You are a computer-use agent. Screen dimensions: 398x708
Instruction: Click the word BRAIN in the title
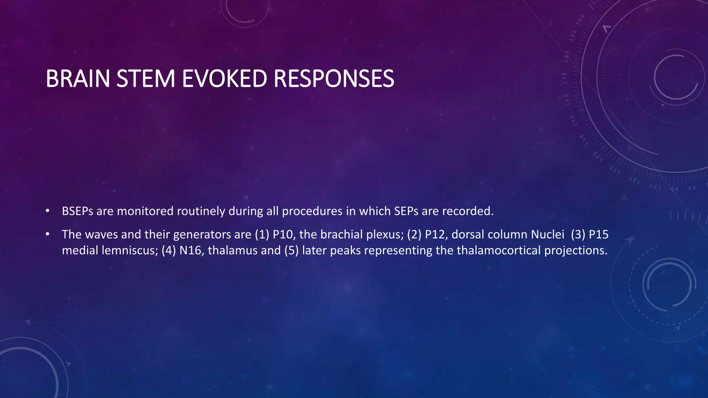(x=78, y=79)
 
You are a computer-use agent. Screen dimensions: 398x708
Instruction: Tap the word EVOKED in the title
(x=224, y=79)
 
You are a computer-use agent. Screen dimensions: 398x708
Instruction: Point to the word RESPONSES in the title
(x=334, y=79)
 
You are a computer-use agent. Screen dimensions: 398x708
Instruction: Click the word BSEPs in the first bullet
(x=77, y=211)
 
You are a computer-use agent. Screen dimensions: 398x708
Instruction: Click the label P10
(x=283, y=235)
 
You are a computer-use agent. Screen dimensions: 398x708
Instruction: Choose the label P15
(x=598, y=235)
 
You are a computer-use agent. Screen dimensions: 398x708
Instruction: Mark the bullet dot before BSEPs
(x=48, y=211)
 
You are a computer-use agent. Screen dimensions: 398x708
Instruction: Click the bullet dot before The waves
(x=48, y=234)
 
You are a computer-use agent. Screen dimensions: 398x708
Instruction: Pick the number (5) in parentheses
(x=291, y=250)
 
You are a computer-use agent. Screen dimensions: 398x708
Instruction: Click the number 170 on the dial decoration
(x=565, y=78)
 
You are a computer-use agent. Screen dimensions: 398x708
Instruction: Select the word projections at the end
(x=576, y=250)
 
